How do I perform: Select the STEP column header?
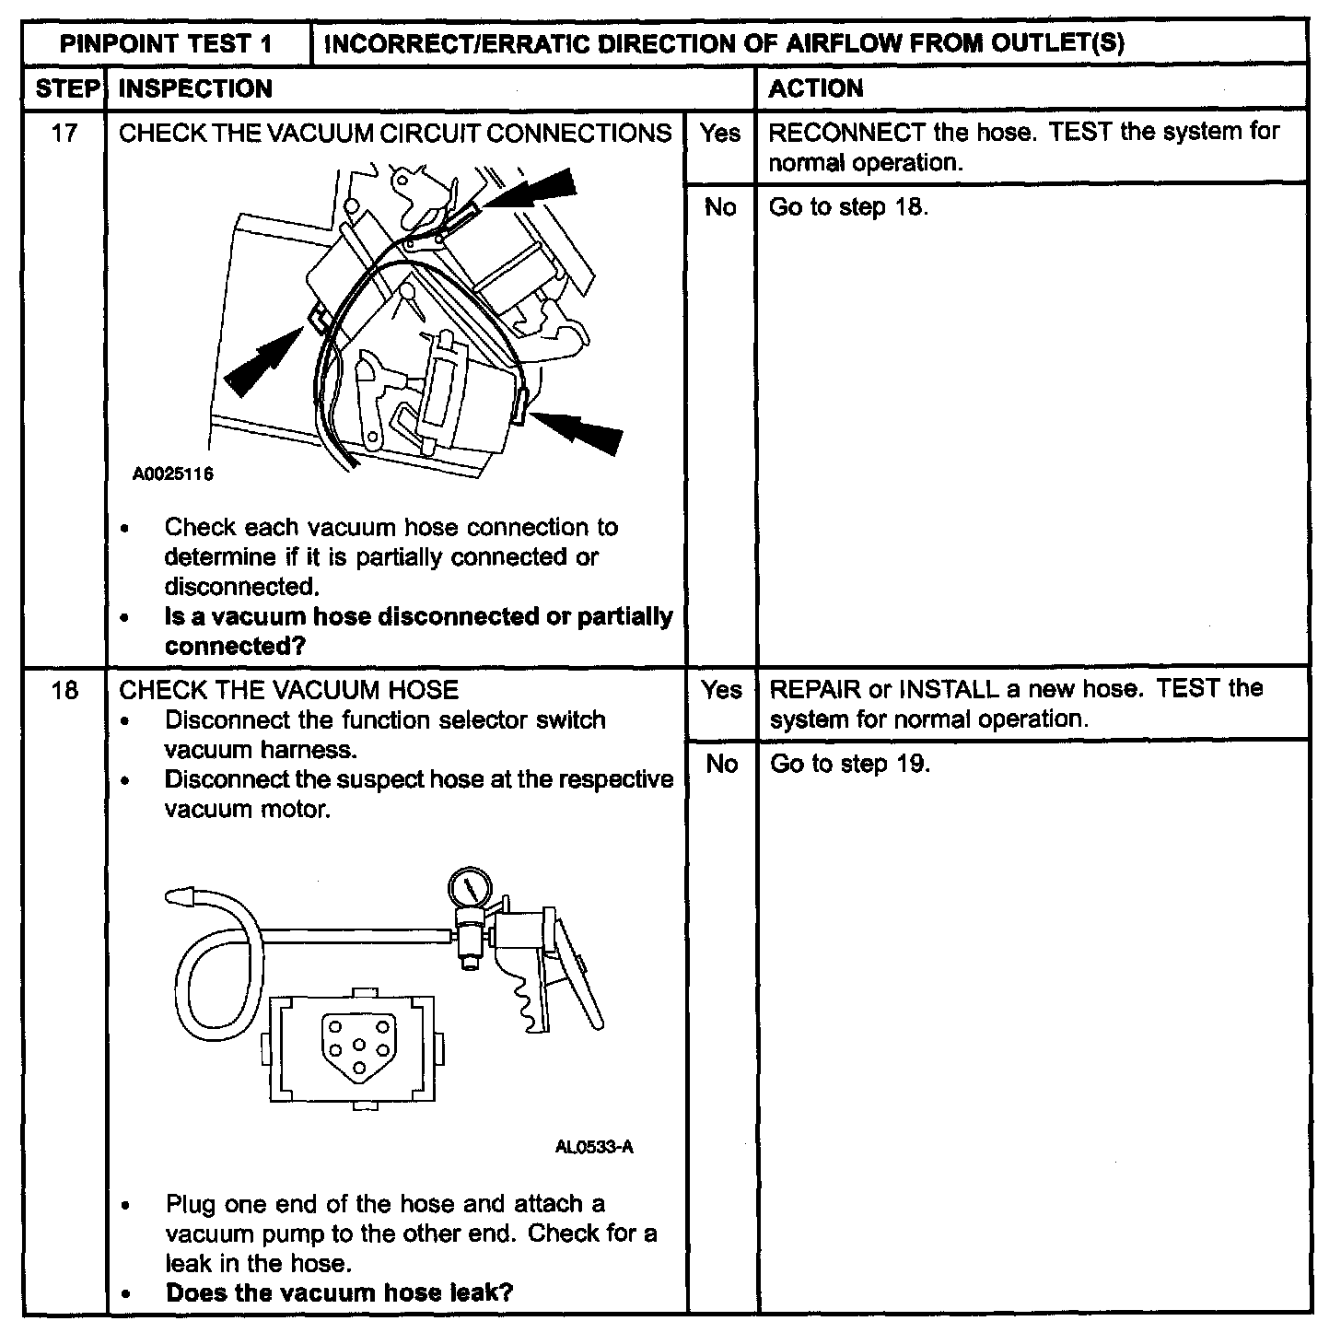[66, 88]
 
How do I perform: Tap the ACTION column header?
[815, 88]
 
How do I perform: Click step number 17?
[64, 133]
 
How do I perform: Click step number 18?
[64, 689]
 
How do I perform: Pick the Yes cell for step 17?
[719, 134]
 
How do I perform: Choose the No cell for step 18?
[721, 764]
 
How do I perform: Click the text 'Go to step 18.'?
[848, 207]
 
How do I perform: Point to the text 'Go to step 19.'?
[849, 764]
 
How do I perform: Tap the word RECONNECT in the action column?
[846, 132]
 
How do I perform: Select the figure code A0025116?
[173, 475]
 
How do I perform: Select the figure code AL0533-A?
[594, 1148]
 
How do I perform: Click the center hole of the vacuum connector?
[359, 1046]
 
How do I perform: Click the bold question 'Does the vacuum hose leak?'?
[339, 1292]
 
